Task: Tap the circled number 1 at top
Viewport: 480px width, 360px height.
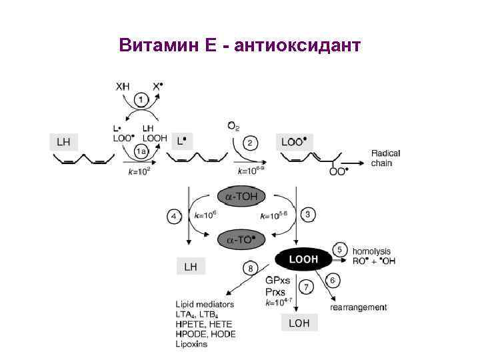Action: pos(142,101)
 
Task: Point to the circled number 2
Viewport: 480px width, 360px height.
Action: pos(250,142)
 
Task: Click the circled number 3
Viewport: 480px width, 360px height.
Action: pos(308,214)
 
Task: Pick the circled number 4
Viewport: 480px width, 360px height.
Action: pos(174,217)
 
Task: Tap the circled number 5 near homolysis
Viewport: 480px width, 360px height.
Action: pos(339,249)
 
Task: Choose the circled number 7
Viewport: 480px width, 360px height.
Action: pos(307,287)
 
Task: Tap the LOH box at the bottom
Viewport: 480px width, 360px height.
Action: pos(299,323)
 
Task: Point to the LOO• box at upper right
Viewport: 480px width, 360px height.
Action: pos(295,141)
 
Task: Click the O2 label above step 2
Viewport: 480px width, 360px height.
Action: pos(233,125)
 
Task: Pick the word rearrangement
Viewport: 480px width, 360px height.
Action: pos(359,307)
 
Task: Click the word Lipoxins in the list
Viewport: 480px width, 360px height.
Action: pos(192,344)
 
